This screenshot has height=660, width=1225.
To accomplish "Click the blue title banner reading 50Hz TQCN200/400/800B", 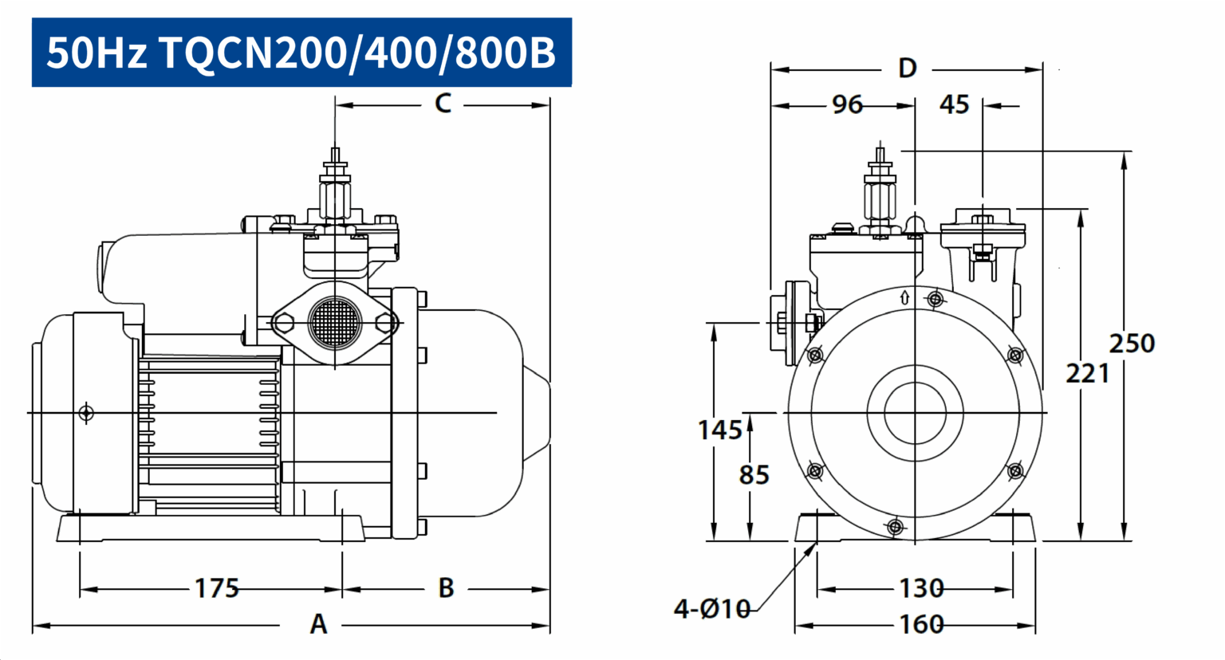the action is (302, 53).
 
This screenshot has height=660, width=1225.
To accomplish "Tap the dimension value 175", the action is (217, 588).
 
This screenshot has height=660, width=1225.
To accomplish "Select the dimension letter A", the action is (318, 623).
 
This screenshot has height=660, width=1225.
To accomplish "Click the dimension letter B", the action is (447, 588).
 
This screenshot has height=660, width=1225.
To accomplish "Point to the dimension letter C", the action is (443, 104).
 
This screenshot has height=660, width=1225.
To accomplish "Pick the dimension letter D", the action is (908, 69).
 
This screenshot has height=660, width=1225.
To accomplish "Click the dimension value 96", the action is (847, 104).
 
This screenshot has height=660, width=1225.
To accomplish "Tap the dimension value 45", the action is (955, 104).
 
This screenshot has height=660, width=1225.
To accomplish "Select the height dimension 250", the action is (1132, 344).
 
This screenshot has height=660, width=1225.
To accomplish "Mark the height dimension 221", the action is (1088, 375).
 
